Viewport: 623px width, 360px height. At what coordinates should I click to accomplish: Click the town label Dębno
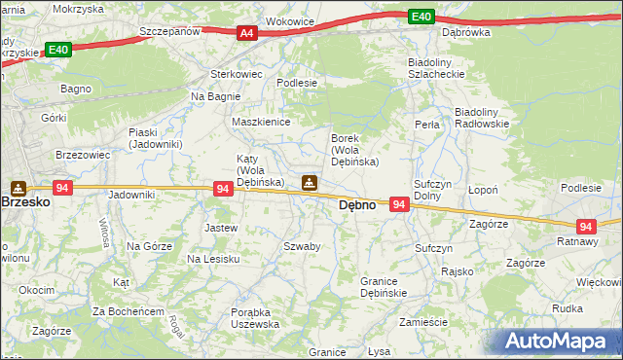pyautogui.click(x=356, y=205)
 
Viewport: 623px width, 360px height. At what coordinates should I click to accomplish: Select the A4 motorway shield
pyautogui.click(x=247, y=33)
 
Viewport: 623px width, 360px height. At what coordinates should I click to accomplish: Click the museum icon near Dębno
pyautogui.click(x=309, y=182)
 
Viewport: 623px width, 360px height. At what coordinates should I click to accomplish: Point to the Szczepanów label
pyautogui.click(x=169, y=31)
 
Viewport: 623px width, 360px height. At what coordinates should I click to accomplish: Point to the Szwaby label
pyautogui.click(x=302, y=246)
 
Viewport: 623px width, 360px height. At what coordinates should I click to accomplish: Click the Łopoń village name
pyautogui.click(x=483, y=190)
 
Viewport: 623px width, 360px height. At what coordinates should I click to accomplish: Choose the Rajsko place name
pyautogui.click(x=456, y=271)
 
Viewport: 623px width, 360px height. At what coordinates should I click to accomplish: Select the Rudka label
pyautogui.click(x=567, y=308)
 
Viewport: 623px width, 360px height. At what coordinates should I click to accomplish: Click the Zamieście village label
pyautogui.click(x=422, y=321)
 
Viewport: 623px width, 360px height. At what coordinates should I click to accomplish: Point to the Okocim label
pyautogui.click(x=37, y=290)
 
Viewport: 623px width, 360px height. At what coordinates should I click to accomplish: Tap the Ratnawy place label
pyautogui.click(x=577, y=239)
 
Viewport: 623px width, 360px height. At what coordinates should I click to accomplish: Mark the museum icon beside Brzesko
pyautogui.click(x=18, y=187)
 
